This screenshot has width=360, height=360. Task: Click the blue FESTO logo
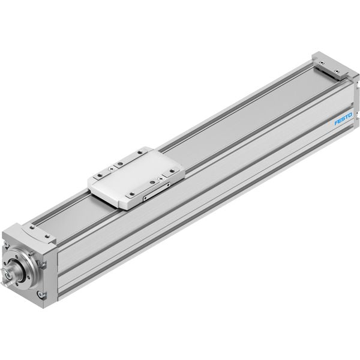point(343,118)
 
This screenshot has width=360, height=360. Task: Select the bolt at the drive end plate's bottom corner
point(41,295)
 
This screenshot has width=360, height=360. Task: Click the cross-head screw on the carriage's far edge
point(112,169)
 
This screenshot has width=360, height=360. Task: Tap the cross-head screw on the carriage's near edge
point(160,179)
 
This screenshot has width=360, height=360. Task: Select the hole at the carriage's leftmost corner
point(100,175)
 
